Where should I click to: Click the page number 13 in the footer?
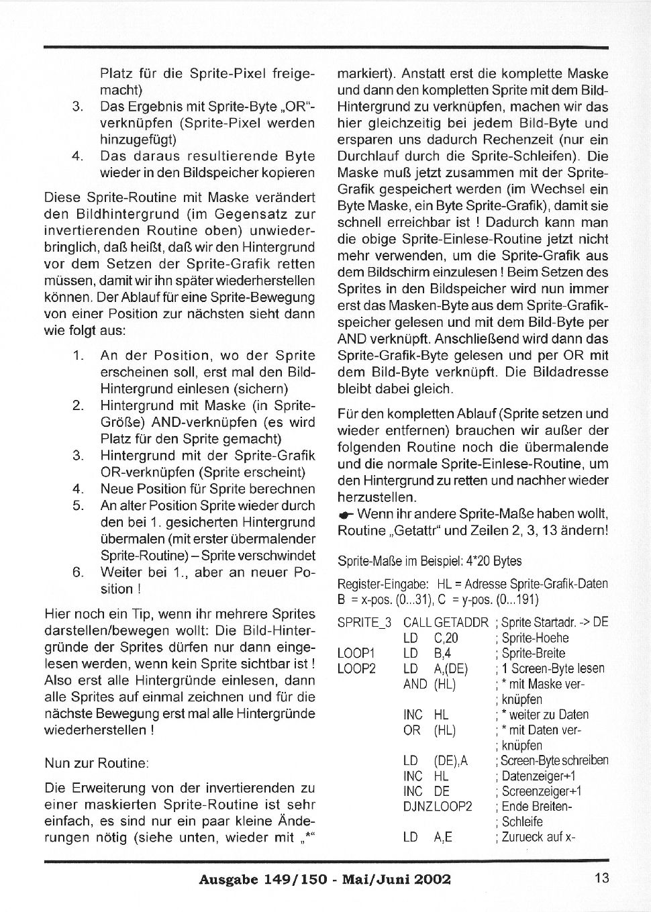coord(601,877)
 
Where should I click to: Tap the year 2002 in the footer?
coord(429,879)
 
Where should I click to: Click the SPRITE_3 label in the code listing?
coord(364,623)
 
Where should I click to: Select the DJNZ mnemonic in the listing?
coord(417,807)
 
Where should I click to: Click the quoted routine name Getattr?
coord(420,531)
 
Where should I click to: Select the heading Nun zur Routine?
coord(97,764)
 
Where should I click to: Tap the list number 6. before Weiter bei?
coord(78,572)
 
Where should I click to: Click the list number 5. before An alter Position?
coord(78,506)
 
